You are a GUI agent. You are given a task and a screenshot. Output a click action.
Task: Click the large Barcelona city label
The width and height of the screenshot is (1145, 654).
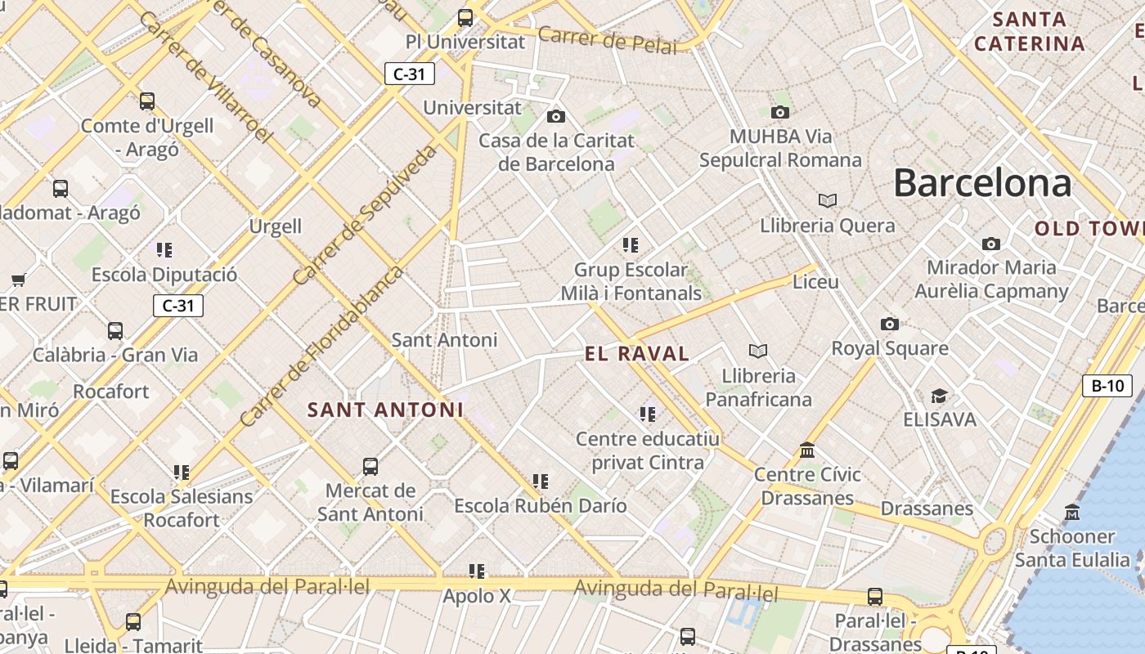point(981,183)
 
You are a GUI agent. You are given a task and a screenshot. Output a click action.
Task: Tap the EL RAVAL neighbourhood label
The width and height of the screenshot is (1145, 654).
point(637,354)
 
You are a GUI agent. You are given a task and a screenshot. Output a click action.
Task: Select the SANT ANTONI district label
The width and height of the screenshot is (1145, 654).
point(385,410)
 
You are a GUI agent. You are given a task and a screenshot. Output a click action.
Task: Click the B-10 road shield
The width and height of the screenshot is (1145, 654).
point(1107,386)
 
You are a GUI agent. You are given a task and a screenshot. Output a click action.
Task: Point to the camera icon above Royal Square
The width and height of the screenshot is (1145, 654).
point(890,325)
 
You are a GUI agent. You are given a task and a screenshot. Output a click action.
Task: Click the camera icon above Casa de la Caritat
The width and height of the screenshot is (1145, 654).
point(556,117)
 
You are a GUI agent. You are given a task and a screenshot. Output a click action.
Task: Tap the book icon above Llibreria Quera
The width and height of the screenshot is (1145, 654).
point(828,200)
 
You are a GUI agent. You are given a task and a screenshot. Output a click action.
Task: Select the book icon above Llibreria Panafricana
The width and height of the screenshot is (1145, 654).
point(758,352)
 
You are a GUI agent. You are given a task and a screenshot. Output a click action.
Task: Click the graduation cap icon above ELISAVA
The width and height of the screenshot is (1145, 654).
point(939,396)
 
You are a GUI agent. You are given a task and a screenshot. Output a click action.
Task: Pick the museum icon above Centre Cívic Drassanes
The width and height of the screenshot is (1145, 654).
point(807,450)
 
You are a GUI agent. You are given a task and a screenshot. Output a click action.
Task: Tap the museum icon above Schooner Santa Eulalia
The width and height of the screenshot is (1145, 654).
point(1071,513)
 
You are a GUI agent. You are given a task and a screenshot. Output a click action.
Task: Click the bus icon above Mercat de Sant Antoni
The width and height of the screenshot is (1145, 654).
point(370,467)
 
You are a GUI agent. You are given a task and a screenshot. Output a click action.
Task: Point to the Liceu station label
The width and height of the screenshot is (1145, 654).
point(815,282)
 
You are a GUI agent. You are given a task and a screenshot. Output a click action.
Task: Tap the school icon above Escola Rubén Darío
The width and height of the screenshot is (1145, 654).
point(540,482)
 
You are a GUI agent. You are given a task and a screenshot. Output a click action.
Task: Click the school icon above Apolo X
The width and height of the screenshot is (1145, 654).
point(477,571)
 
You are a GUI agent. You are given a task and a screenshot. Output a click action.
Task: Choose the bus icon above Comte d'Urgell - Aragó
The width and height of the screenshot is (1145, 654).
point(147,101)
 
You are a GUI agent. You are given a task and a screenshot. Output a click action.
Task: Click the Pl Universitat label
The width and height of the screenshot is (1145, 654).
point(465,41)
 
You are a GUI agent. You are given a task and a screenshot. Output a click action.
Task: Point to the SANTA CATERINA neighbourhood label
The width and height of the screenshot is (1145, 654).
point(1029,31)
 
